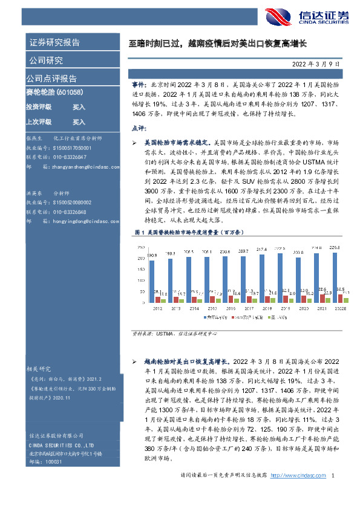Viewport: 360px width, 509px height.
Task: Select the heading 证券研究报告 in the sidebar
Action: click(54, 42)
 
